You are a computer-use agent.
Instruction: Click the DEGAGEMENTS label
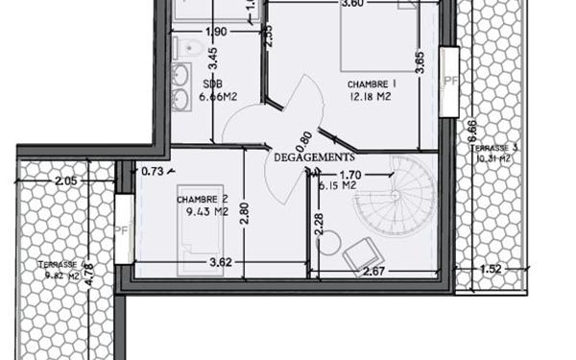pos(314,156)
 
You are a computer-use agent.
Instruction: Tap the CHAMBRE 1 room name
pos(372,84)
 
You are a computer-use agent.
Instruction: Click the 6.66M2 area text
pos(217,97)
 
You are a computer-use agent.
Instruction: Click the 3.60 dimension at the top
pos(352,4)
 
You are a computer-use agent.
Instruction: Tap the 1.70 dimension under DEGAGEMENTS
pos(351,175)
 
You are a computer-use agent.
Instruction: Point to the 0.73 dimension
pos(152,171)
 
